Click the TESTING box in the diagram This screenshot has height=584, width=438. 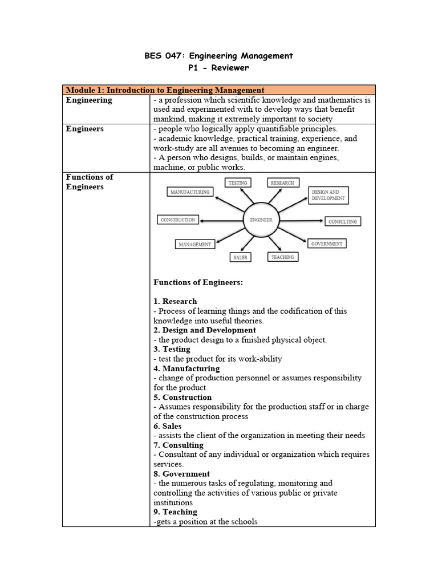238,182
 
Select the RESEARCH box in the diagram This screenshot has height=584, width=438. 282,182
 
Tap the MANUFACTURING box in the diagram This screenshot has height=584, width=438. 190,192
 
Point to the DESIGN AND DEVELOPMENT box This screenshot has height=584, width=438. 328,195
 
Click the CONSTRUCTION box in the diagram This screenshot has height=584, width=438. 178,220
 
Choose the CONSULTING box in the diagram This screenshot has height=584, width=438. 342,221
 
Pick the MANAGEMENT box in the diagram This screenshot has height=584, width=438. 194,244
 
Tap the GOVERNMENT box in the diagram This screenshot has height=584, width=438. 327,244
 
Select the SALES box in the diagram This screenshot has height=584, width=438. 240,257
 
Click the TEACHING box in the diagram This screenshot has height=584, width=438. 282,257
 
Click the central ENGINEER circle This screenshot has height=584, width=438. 261,220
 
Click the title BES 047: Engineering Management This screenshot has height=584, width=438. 219,55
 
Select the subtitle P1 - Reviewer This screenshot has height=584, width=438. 219,67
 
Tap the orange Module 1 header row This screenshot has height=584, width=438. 219,90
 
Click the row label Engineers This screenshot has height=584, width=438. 85,129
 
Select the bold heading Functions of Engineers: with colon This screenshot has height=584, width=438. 198,282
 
